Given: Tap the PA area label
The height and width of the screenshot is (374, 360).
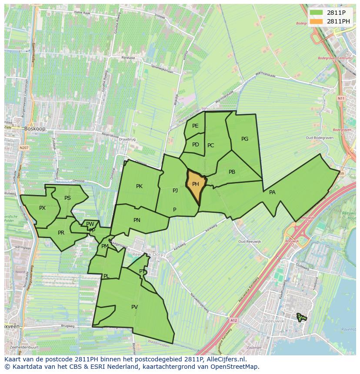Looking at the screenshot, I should point(272,192).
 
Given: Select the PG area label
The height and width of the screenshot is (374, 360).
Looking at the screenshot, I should point(245,139).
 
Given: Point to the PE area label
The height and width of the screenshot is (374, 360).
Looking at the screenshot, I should point(195,126).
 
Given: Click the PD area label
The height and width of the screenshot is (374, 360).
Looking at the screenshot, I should point(196,145).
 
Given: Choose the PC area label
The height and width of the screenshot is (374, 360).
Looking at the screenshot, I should point(211,146).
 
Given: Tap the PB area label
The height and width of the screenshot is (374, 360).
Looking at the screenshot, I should point(232,172).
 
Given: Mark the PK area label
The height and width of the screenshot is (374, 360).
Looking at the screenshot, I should point(139,186).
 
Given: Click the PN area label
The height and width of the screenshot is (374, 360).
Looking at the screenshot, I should point(137,220).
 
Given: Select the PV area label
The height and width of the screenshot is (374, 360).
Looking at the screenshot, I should point(134,307).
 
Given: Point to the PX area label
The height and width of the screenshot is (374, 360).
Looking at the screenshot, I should point(42,208).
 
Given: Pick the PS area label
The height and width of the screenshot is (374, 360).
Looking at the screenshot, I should point(67,198).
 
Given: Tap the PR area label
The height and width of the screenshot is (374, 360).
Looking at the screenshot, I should point(61,233).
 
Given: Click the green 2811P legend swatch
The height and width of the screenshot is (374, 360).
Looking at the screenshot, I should point(316,13).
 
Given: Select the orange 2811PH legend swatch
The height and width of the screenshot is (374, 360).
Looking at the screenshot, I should point(316,21).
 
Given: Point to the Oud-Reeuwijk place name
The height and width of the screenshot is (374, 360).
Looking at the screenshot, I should point(249,242).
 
